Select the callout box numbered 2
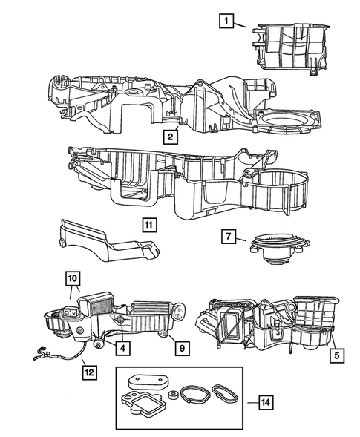(x=171, y=136)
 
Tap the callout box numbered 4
(x=118, y=347)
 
